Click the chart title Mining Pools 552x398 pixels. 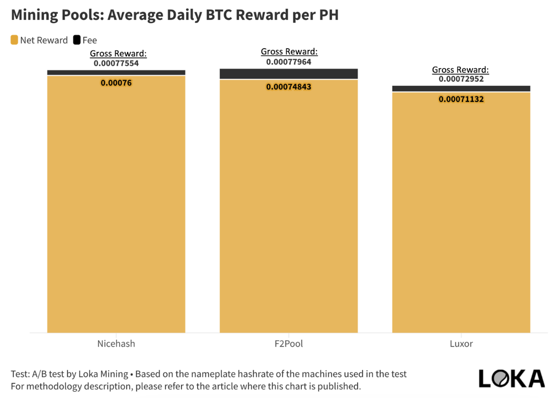pyautogui.click(x=174, y=15)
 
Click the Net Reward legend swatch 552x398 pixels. pyautogui.click(x=14, y=40)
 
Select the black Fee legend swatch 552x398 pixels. pyautogui.click(x=76, y=40)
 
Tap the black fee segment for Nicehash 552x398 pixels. pyautogui.click(x=116, y=72)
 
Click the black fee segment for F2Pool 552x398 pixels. pyautogui.click(x=289, y=74)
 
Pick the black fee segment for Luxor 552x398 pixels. pyautogui.click(x=461, y=88)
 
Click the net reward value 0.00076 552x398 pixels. pyautogui.click(x=116, y=83)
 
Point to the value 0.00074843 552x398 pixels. pyautogui.click(x=289, y=87)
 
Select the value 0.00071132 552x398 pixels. pyautogui.click(x=461, y=99)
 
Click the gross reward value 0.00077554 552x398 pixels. pyautogui.click(x=116, y=63)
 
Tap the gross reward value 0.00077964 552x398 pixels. pyautogui.click(x=289, y=62)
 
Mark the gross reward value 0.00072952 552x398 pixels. pyautogui.click(x=461, y=79)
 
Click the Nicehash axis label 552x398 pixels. pyautogui.click(x=116, y=344)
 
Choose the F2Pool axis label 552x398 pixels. pyautogui.click(x=289, y=344)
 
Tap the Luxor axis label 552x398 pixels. pyautogui.click(x=461, y=344)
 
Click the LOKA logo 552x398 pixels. pyautogui.click(x=511, y=378)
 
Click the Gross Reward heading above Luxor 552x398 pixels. pyautogui.click(x=460, y=70)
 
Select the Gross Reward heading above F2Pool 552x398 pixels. pyautogui.click(x=289, y=52)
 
